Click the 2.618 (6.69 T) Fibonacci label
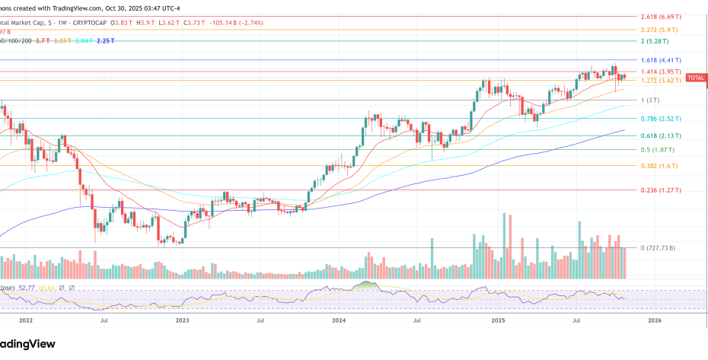coord(660,16)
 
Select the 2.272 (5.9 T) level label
coord(660,29)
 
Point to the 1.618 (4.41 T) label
coord(660,60)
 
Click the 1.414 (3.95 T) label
coord(660,72)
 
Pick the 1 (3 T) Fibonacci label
coord(649,100)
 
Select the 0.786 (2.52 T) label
coord(660,119)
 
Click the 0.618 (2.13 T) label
coord(660,136)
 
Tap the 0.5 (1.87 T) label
coord(656,150)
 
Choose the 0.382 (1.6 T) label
coord(658,166)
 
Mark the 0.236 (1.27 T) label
coord(660,190)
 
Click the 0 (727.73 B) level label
coord(659,248)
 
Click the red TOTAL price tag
coord(696,78)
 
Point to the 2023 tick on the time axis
coord(181,321)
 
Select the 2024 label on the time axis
coord(339,321)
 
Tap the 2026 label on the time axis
coord(653,321)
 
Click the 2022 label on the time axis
coord(25,321)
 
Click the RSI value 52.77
coord(28,288)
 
